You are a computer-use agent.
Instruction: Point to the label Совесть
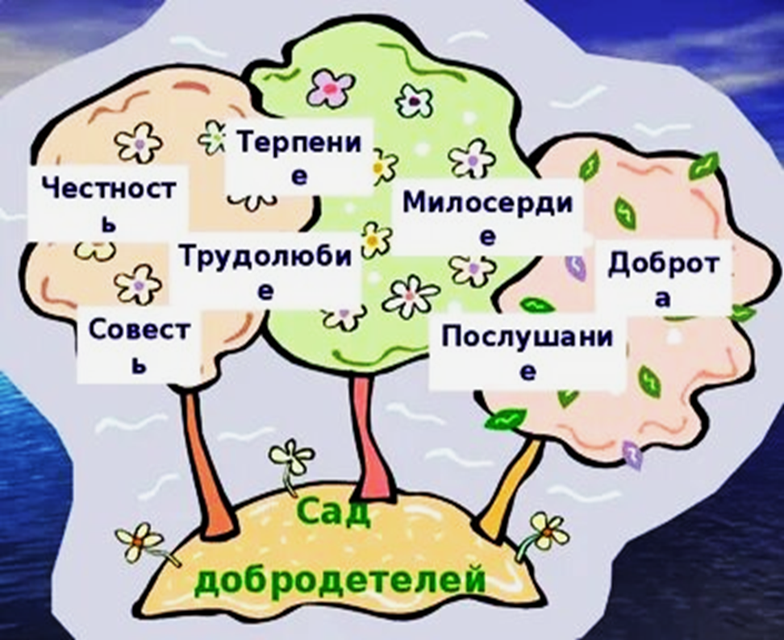click(x=140, y=344)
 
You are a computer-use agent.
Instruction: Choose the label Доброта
click(x=662, y=278)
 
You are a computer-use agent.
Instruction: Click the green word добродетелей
click(x=339, y=580)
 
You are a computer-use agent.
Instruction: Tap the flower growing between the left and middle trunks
click(x=291, y=459)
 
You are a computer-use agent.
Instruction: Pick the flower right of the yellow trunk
click(x=548, y=531)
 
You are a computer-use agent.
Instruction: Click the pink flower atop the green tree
click(x=331, y=87)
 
